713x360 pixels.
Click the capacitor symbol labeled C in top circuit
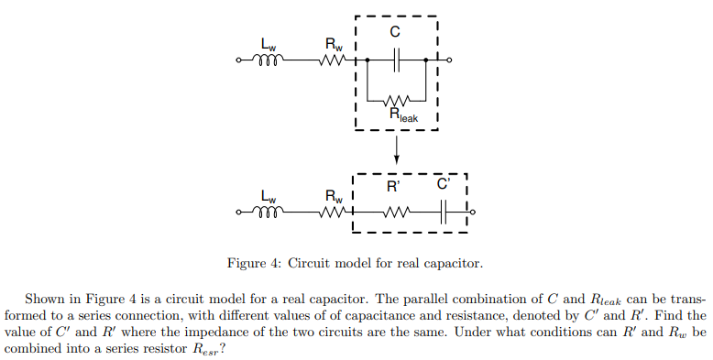(x=397, y=61)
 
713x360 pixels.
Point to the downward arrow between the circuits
(x=397, y=151)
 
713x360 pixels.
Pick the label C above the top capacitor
(x=397, y=35)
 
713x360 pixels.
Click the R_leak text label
(x=403, y=115)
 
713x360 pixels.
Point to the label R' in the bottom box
(x=393, y=188)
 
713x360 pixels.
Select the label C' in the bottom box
(x=444, y=185)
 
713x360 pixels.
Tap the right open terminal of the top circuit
(x=449, y=61)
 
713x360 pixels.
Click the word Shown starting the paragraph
(x=44, y=300)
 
